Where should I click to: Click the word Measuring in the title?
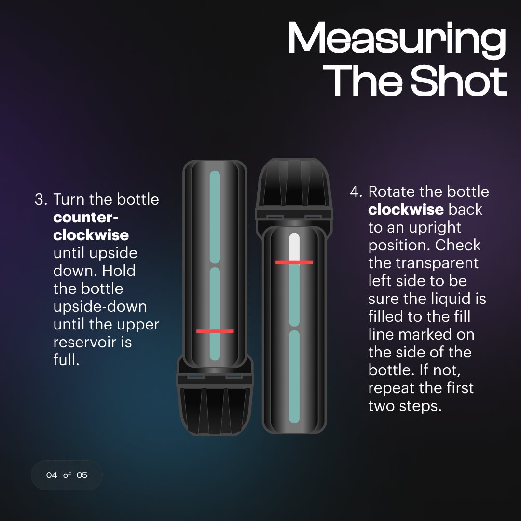pyautogui.click(x=397, y=39)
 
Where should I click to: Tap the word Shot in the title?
pyautogui.click(x=459, y=81)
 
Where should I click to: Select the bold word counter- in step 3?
pyautogui.click(x=86, y=217)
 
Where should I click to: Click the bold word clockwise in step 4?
pyautogui.click(x=406, y=210)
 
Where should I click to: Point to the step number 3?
pyautogui.click(x=41, y=199)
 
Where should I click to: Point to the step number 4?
pyautogui.click(x=356, y=192)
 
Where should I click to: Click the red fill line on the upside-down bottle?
pyautogui.click(x=215, y=331)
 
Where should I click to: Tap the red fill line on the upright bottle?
pyautogui.click(x=294, y=262)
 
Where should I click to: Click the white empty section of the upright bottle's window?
pyautogui.click(x=294, y=247)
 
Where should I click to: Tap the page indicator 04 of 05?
pyautogui.click(x=67, y=475)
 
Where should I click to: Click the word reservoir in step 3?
pyautogui.click(x=93, y=342)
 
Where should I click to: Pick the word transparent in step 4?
pyautogui.click(x=437, y=263)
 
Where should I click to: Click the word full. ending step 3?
pyautogui.click(x=66, y=359)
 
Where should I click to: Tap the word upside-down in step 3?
pyautogui.click(x=100, y=307)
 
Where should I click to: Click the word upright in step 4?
pyautogui.click(x=435, y=228)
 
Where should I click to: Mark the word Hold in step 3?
pyautogui.click(x=119, y=271)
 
